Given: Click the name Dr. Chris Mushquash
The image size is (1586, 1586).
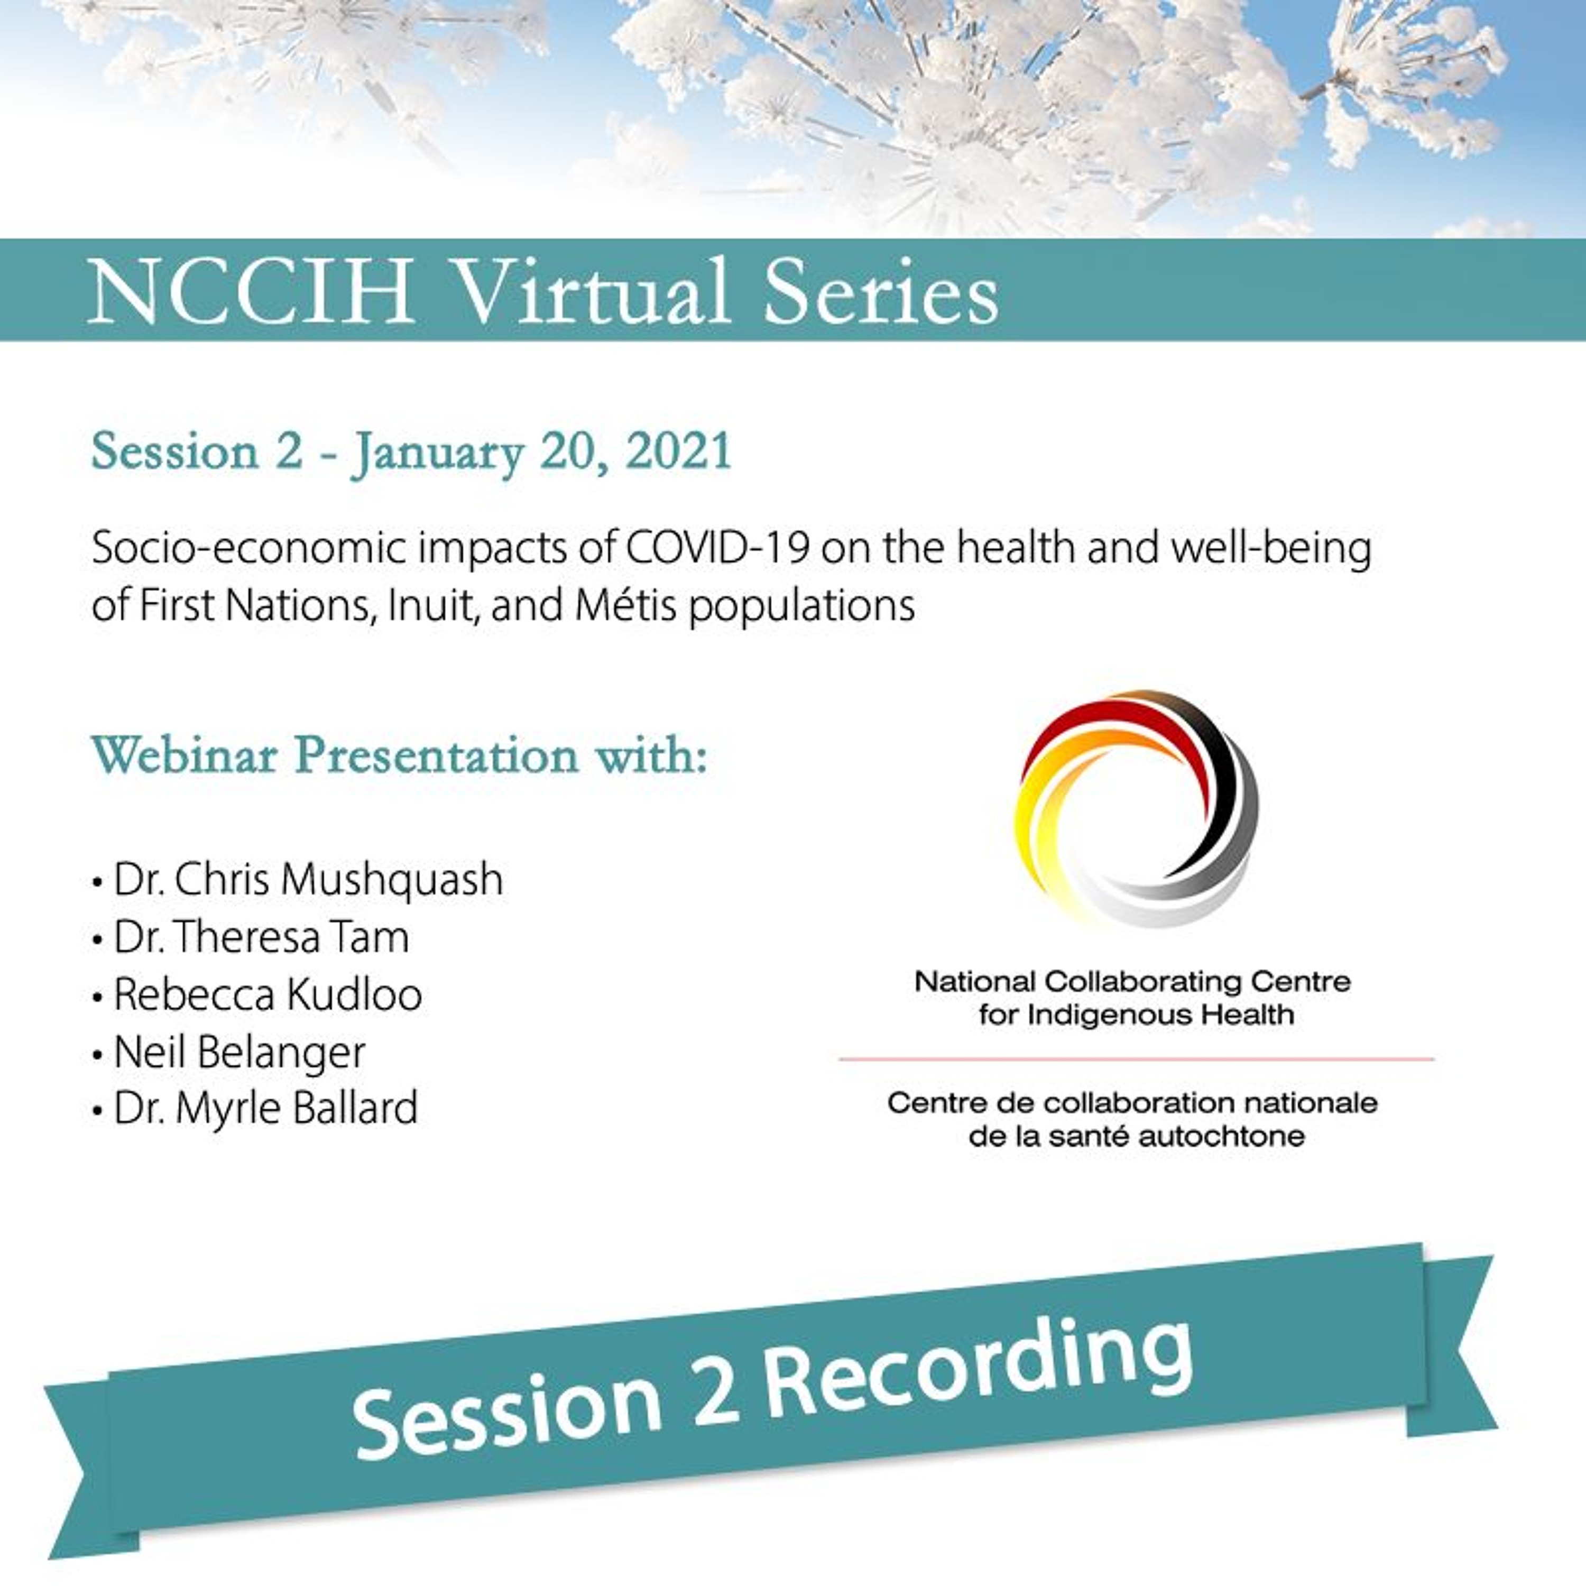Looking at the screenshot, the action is [308, 879].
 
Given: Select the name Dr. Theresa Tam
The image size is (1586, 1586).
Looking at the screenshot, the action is [261, 937].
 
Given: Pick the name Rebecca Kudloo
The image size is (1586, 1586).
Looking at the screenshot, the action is [268, 994].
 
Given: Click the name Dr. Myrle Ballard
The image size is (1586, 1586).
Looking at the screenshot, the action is [266, 1108].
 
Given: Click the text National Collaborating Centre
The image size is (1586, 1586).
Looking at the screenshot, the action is [1133, 982].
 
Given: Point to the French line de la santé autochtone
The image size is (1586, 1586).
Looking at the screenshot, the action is [1136, 1137].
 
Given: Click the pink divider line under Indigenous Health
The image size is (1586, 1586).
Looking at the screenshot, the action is [1136, 1059].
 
